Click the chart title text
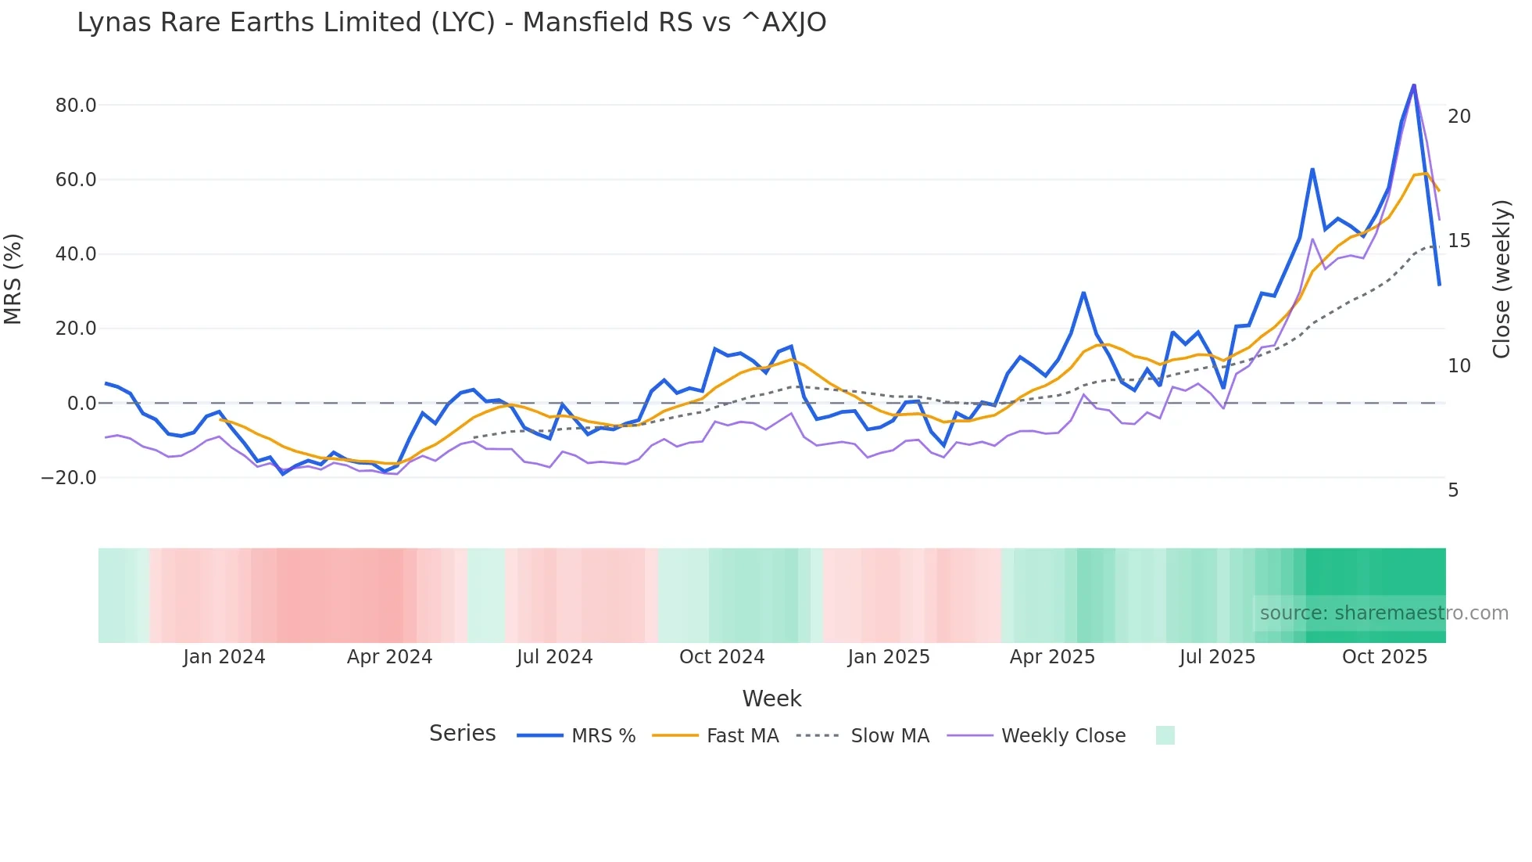coord(451,23)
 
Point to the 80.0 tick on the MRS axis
coord(76,105)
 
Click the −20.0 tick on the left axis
coord(70,477)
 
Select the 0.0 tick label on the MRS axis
coord(81,404)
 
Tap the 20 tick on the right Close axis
coord(1459,117)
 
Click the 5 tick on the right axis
coord(1453,490)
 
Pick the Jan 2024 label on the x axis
coord(224,657)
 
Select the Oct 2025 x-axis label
coord(1384,657)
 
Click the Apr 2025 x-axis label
coord(1052,657)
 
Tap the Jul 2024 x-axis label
coord(554,657)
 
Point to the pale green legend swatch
coord(1165,735)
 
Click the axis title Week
coord(771,699)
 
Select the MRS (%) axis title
coord(13,278)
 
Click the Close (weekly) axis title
coord(1502,278)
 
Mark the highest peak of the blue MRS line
coord(1413,84)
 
